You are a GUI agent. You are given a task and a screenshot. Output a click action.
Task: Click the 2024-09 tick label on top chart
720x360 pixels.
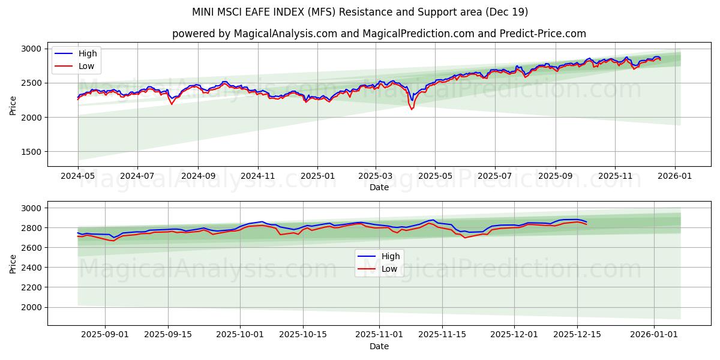(x=197, y=176)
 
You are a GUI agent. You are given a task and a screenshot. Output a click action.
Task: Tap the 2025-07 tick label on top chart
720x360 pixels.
(x=495, y=176)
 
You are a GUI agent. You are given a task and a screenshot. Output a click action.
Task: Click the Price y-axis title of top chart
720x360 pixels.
(x=13, y=105)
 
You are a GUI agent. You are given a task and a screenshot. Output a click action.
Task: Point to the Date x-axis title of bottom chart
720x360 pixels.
(x=379, y=346)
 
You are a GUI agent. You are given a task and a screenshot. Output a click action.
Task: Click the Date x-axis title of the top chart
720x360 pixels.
(x=379, y=187)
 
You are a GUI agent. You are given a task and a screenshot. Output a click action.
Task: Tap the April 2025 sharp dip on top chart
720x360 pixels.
(x=412, y=109)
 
